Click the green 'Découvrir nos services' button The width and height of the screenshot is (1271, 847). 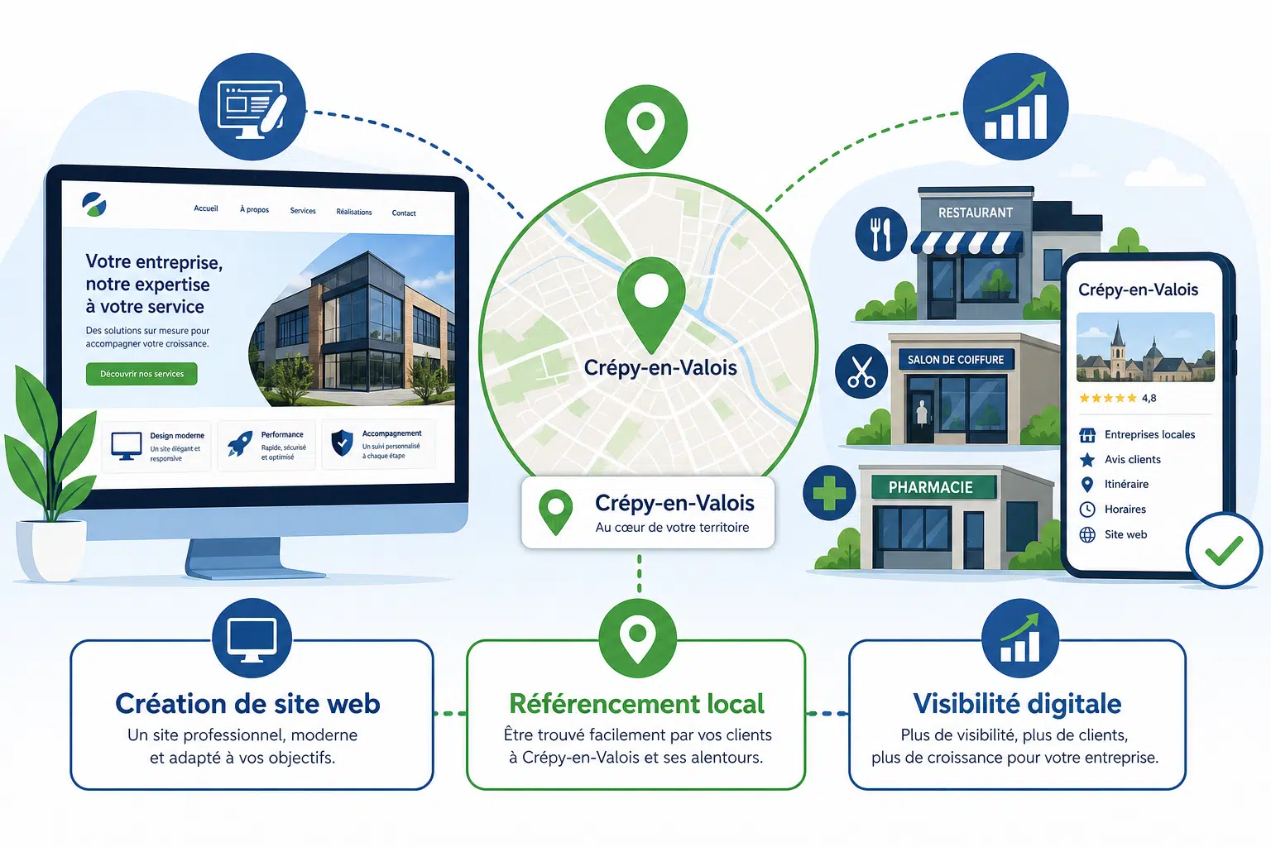(x=141, y=374)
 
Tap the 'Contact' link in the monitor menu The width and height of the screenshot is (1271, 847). (x=404, y=213)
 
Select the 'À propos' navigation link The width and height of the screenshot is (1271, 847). (x=254, y=210)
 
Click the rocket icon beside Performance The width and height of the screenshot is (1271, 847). (x=239, y=443)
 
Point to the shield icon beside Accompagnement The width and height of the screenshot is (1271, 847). (x=342, y=443)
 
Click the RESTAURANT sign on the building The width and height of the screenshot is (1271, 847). (x=976, y=213)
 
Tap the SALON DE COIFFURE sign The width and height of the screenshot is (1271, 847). (x=956, y=360)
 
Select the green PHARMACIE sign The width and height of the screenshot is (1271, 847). (x=931, y=487)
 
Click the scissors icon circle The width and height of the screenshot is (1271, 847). (x=861, y=371)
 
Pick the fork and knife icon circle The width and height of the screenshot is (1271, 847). (x=880, y=234)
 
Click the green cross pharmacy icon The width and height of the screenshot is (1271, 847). (x=829, y=493)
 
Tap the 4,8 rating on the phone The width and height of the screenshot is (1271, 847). (x=1149, y=398)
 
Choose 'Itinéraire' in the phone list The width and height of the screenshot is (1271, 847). (x=1126, y=484)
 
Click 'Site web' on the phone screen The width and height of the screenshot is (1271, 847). (x=1125, y=534)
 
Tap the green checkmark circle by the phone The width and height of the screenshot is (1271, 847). (x=1224, y=550)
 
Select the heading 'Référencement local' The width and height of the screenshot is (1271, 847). (x=636, y=703)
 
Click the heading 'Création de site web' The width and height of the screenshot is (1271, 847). (x=247, y=703)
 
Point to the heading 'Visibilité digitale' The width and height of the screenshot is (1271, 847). (x=1017, y=703)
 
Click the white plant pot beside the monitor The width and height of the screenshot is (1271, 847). (x=51, y=549)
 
